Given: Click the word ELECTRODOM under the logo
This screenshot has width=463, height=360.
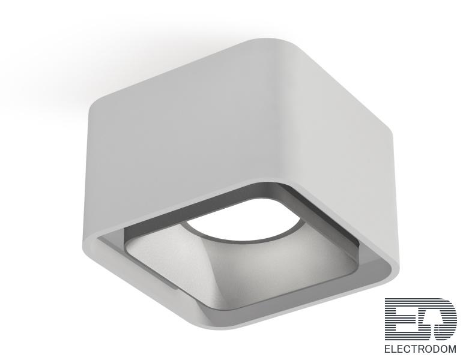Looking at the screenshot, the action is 420,349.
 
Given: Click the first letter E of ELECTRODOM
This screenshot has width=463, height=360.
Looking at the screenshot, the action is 387,349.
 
